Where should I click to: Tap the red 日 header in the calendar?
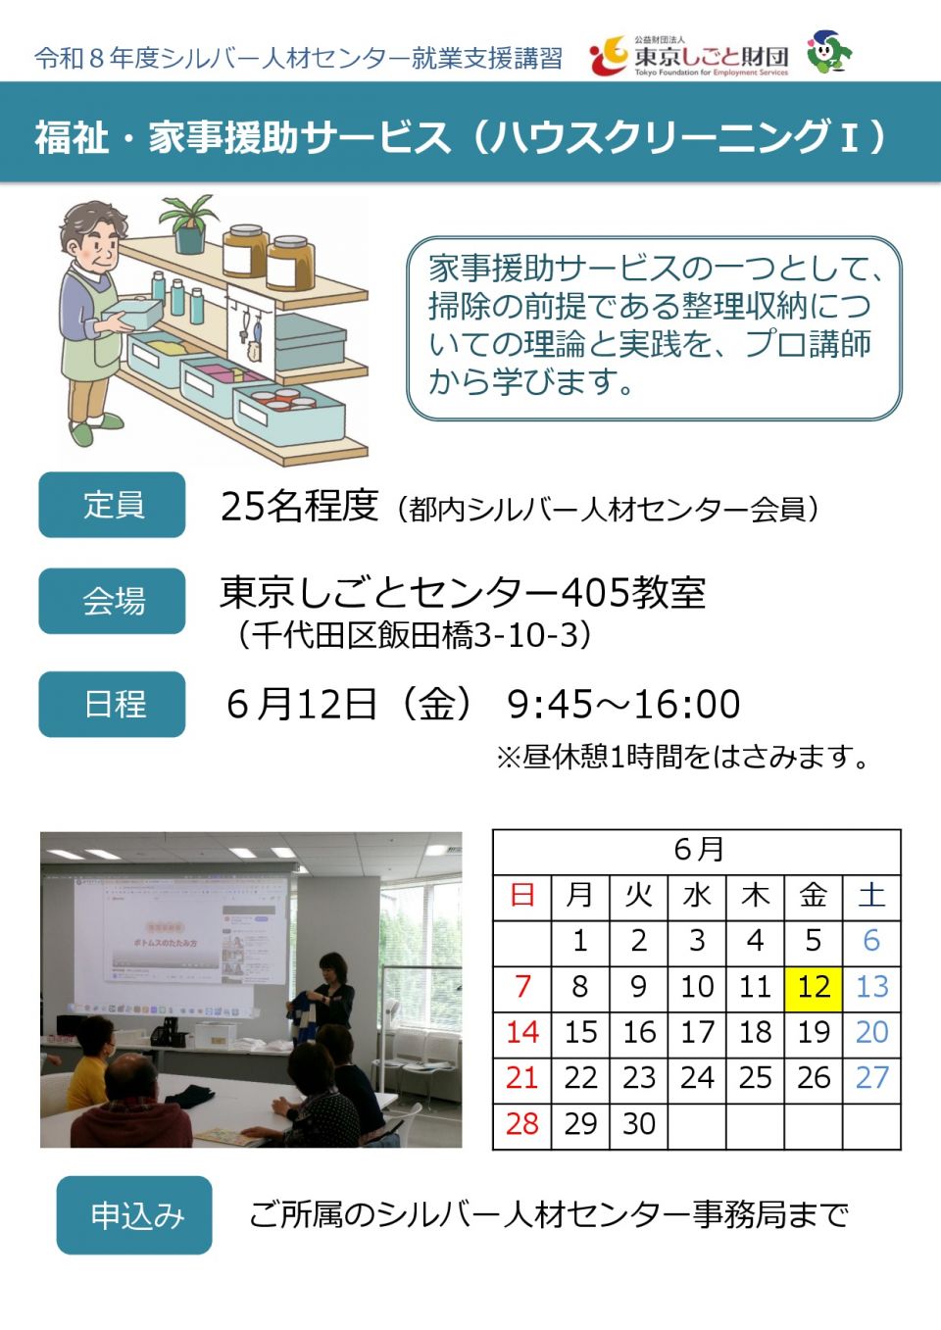point(521,895)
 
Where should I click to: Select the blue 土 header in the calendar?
point(871,895)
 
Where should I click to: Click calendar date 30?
point(639,1124)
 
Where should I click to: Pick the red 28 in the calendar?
point(521,1124)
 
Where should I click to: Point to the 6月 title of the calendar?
point(698,850)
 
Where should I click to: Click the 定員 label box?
point(112,505)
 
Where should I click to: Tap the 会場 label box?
point(112,601)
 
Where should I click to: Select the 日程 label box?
point(112,704)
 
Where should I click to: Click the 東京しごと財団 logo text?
point(712,57)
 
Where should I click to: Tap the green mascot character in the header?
point(829,52)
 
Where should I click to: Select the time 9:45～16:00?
point(623,704)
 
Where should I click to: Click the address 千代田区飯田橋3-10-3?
point(415,635)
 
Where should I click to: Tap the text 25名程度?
point(299,507)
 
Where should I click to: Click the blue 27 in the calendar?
point(871,1078)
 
